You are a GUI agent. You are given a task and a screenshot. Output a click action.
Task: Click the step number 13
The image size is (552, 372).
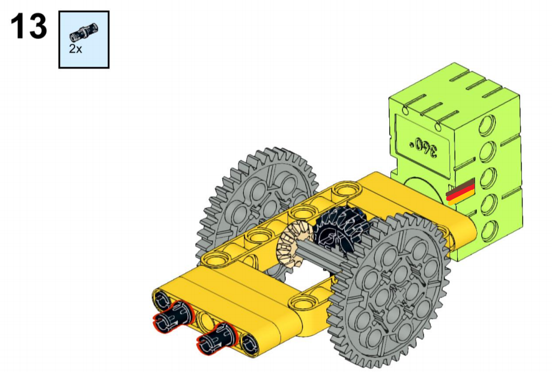pyautogui.click(x=28, y=26)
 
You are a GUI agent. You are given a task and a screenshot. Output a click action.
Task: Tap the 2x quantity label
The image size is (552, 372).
pyautogui.click(x=75, y=49)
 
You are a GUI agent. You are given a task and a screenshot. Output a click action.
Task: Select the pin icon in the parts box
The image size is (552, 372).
pyautogui.click(x=83, y=31)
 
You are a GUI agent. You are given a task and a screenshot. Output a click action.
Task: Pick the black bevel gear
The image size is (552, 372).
pyautogui.click(x=340, y=227)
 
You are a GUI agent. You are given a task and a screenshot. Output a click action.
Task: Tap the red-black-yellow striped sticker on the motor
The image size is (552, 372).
pyautogui.click(x=461, y=192)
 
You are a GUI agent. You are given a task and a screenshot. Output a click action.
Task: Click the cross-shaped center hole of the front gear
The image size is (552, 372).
pyautogui.click(x=399, y=294)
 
